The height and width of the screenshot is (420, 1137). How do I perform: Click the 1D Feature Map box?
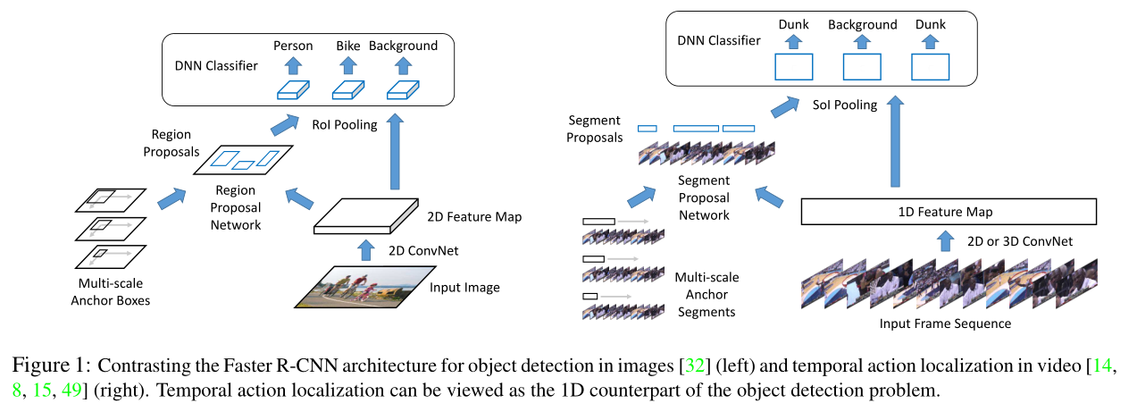tap(949, 211)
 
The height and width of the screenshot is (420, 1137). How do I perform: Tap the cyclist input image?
tap(365, 287)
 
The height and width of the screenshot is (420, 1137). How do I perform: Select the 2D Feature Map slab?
tap(366, 216)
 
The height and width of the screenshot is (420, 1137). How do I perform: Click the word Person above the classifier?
tap(293, 46)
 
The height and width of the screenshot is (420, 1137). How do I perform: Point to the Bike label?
tap(347, 46)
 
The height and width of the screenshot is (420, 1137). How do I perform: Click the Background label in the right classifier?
tap(863, 25)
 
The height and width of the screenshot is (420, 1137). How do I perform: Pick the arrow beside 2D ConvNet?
tap(365, 250)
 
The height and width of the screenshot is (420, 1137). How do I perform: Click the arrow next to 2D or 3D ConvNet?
tap(945, 240)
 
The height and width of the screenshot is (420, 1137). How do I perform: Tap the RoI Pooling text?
tap(344, 125)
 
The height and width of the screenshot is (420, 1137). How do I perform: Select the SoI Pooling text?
tap(845, 105)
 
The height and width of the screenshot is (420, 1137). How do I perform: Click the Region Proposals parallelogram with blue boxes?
tap(243, 160)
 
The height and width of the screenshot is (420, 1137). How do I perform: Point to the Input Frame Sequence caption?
tap(945, 323)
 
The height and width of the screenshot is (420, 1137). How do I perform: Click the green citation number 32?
tap(695, 365)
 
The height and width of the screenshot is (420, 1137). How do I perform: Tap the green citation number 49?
tap(71, 390)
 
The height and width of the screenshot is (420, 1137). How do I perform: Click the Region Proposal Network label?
tap(236, 207)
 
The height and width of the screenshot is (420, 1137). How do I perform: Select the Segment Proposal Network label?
tap(704, 198)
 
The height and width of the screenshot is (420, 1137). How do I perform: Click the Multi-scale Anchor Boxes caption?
tap(111, 292)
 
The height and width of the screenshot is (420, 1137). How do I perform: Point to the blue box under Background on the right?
tap(862, 67)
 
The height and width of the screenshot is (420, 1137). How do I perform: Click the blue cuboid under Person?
tap(293, 90)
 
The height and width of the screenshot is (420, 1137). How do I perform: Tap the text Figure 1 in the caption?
tap(51, 365)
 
